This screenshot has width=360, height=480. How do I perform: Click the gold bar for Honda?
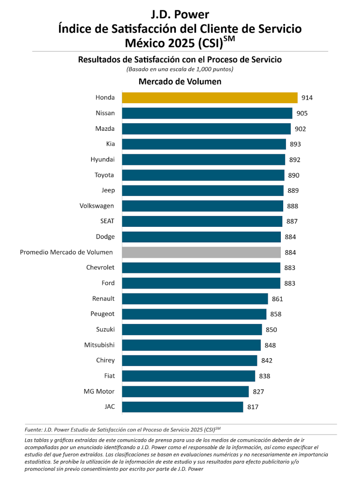coord(210,97)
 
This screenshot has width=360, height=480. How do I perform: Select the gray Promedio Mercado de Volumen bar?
coord(201,252)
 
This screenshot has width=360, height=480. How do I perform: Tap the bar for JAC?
coord(182,407)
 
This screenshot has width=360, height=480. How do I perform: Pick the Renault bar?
coord(195,299)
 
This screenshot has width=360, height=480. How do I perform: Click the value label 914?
coord(307,98)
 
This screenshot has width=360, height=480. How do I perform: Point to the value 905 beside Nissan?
coord(302,113)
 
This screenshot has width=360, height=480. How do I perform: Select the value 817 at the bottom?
coord(253,407)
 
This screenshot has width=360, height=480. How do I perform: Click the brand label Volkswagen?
coord(97,206)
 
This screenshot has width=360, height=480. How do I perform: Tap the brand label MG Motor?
coord(99,391)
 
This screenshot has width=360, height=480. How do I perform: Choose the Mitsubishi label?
coord(99,345)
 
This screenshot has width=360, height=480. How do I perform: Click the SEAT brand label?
coord(107,221)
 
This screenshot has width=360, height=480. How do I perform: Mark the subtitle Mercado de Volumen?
coord(180,82)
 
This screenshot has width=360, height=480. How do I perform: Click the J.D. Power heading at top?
coord(180,15)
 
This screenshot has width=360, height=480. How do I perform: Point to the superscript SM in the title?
coord(229,39)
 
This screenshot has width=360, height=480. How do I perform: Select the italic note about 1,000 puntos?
coord(180,69)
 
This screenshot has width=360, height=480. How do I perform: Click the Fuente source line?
coord(122,429)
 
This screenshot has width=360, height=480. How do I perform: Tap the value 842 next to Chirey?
coord(267,360)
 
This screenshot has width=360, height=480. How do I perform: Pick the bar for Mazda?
coord(206,128)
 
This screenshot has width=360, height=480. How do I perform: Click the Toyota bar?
coord(203,175)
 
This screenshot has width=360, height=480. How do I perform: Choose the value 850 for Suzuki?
coord(271,330)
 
